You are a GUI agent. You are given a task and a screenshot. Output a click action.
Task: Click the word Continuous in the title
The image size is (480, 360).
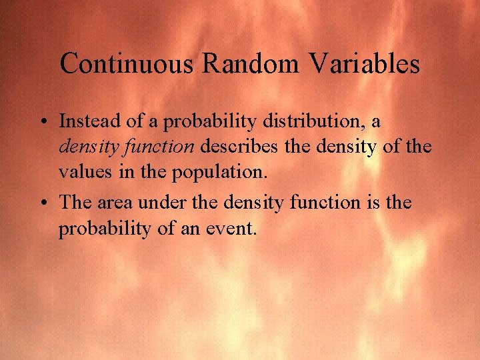pos(127,64)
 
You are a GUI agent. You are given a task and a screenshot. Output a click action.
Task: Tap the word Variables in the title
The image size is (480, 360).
pos(365,64)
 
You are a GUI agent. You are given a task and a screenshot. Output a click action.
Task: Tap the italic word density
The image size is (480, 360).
pos(85,147)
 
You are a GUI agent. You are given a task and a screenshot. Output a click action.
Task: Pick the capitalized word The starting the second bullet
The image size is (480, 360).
pos(77,202)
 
